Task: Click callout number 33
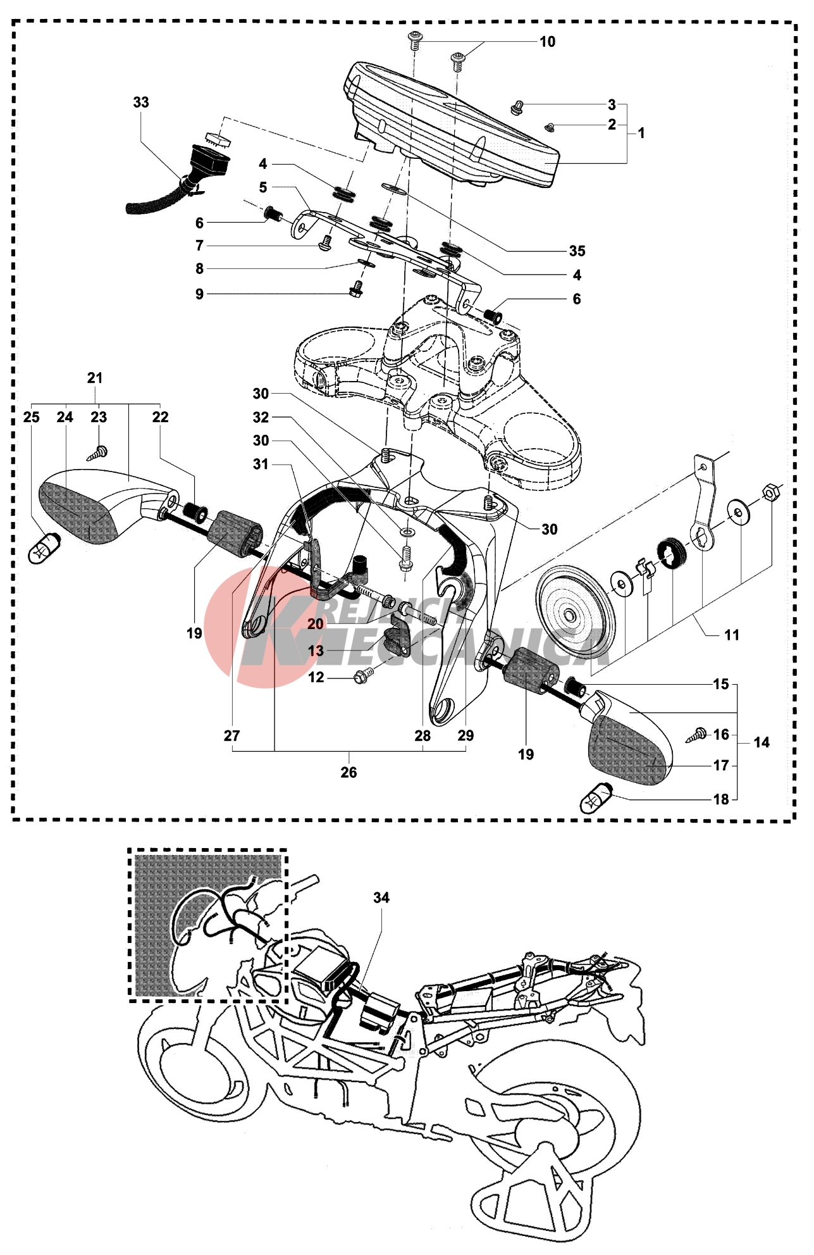[141, 103]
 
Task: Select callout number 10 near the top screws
[547, 42]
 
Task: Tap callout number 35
[577, 251]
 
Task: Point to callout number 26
[348, 772]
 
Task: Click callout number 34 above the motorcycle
[381, 897]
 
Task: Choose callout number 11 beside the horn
[732, 635]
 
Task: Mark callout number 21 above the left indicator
[95, 378]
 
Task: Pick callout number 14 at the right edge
[762, 742]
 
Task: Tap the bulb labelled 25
[44, 546]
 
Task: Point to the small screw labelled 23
[99, 452]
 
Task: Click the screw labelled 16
[698, 735]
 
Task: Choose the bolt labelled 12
[363, 677]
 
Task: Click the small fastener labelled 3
[517, 109]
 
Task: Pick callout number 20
[316, 624]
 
